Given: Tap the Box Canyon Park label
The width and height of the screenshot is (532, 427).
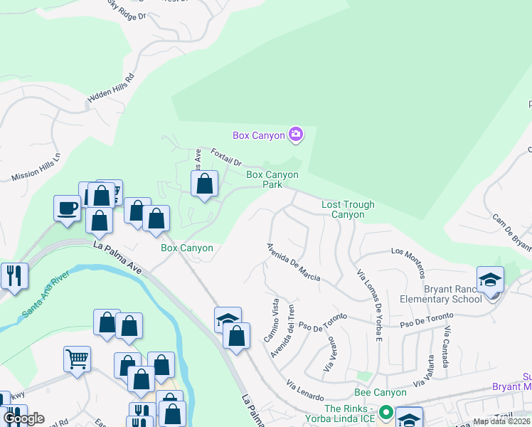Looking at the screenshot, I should point(272,179).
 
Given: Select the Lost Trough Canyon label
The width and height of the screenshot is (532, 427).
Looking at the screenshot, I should point(348,209).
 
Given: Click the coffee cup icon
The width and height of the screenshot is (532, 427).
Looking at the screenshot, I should point(67,208).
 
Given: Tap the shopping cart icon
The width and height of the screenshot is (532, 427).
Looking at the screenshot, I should point(77,358).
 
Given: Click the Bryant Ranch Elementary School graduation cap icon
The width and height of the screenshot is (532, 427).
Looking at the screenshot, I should point(490,279).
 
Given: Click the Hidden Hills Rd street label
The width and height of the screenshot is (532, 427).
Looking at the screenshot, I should point(110,89).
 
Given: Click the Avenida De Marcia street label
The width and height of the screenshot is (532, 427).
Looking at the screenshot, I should point(293,262).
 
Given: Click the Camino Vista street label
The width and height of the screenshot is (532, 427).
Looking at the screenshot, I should point(272,320).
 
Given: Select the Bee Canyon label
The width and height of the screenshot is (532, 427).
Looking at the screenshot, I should point(381,393).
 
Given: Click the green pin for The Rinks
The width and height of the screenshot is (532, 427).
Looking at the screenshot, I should point(385,411).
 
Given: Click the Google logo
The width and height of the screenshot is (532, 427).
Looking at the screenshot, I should point(23,418).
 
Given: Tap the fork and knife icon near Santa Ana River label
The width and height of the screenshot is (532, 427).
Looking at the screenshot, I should point(14,275).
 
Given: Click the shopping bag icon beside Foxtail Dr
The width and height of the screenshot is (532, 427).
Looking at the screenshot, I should point(204,184).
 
